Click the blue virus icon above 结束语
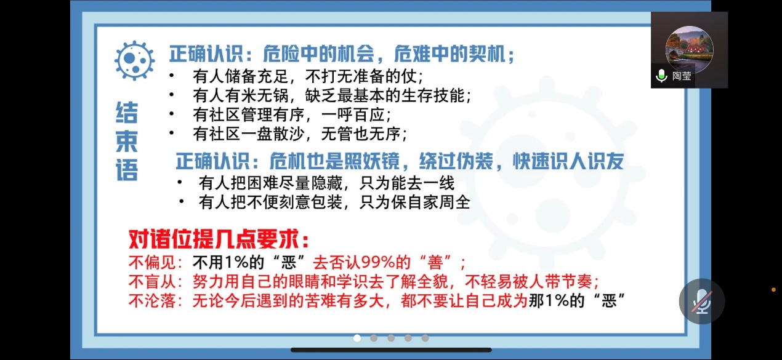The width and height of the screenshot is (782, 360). tap(134, 60)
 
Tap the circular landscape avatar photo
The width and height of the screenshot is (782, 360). tap(689, 49)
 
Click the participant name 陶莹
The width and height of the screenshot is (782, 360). tap(682, 76)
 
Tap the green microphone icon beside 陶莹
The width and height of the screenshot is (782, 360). tap(661, 76)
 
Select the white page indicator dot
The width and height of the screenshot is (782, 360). tap(357, 338)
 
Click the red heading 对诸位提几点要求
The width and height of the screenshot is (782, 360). tap(219, 239)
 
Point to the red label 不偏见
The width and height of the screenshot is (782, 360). tap(152, 262)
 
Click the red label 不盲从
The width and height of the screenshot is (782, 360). tap(152, 281)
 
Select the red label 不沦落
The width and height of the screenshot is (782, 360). tap(152, 301)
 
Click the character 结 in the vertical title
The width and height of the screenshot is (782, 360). tap(127, 113)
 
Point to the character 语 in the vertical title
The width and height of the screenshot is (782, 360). tap(127, 170)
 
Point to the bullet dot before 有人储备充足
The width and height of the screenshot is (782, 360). tap(171, 75)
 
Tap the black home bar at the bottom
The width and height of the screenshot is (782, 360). tap(391, 350)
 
